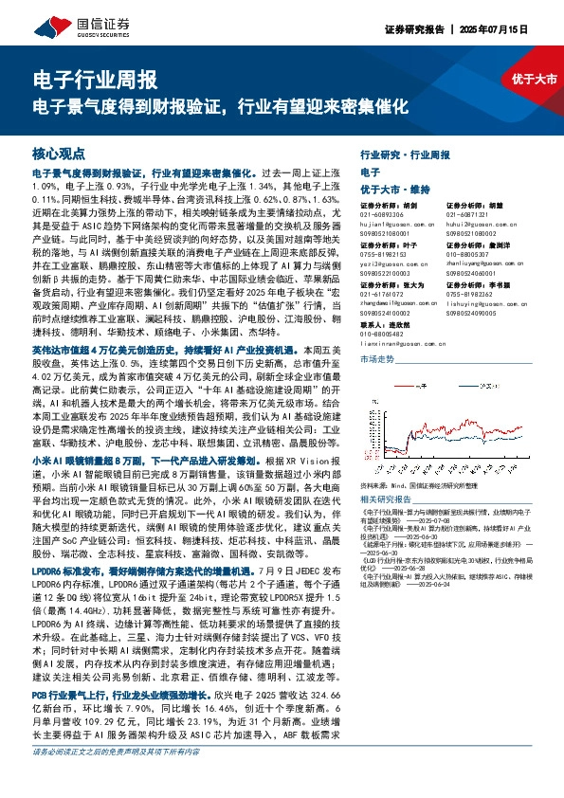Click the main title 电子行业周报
coord(95,80)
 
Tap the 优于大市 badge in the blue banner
coord(534,81)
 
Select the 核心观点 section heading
coord(59,153)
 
